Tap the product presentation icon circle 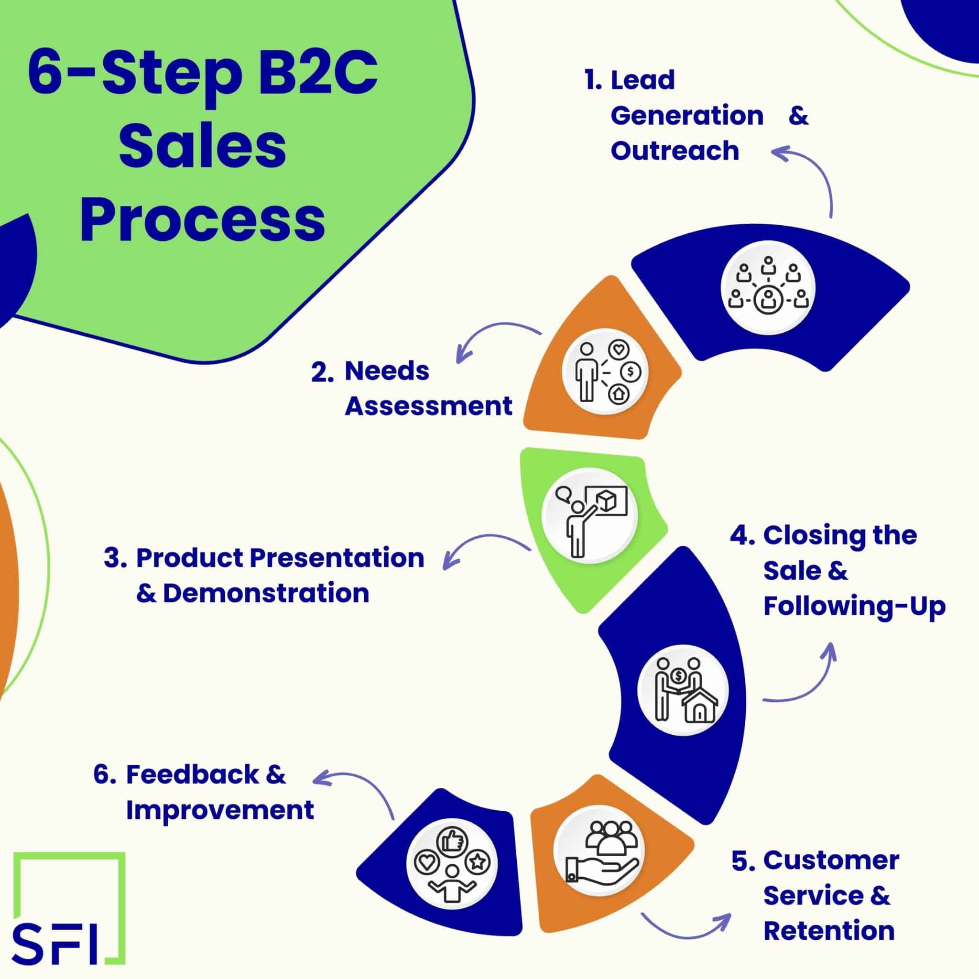[x=590, y=515]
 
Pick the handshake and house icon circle [x=683, y=690]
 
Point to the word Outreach [x=674, y=151]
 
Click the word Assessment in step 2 [x=428, y=406]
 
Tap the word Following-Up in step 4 [x=854, y=606]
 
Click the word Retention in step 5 [x=829, y=931]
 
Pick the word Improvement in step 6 [x=220, y=810]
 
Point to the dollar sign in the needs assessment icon [x=631, y=371]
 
